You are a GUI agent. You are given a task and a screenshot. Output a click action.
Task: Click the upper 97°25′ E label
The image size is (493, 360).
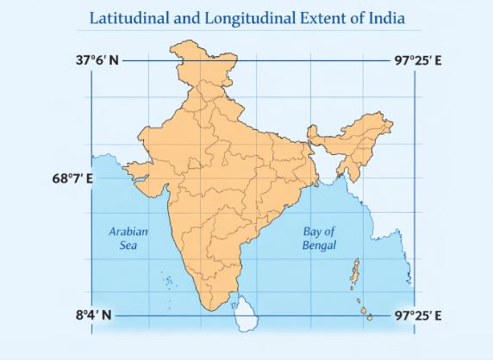pos(419,61)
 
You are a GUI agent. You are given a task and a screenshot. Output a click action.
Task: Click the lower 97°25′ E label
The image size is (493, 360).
pos(419,315)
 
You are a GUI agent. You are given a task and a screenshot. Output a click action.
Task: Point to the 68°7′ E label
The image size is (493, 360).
pos(73,179)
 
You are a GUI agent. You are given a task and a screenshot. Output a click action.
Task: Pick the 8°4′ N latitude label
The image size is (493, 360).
pos(94,315)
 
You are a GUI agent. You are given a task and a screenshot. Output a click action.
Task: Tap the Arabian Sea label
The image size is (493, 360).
pos(128,238)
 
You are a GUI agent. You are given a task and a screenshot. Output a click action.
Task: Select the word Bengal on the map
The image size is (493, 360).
pos(319,245)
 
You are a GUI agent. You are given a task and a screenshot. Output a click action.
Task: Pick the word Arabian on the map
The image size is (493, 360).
pos(128,231)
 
